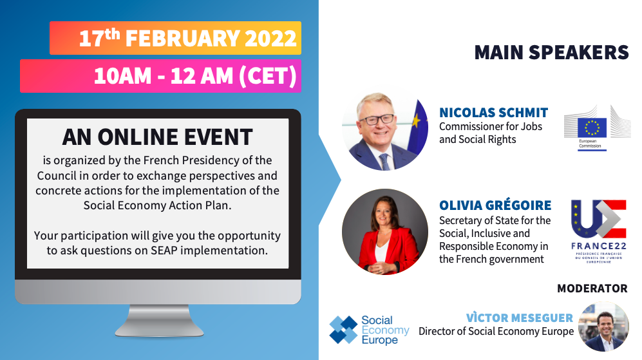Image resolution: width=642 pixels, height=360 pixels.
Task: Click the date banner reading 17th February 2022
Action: click(x=175, y=38)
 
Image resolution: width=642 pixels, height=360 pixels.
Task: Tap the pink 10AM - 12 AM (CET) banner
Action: click(x=160, y=76)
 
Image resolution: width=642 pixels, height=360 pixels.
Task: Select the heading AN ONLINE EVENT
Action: click(x=158, y=137)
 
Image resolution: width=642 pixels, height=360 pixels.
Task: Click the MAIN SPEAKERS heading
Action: click(x=551, y=52)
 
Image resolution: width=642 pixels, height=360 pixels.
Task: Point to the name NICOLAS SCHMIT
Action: click(x=493, y=112)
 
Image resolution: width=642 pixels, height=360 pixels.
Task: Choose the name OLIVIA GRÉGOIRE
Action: click(x=495, y=205)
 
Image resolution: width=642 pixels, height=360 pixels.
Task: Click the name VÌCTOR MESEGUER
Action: click(x=520, y=317)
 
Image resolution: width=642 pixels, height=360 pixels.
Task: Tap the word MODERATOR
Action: click(x=592, y=289)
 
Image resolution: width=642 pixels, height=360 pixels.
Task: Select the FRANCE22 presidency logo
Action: click(x=599, y=231)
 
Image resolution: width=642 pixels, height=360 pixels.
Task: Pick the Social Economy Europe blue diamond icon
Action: click(x=343, y=330)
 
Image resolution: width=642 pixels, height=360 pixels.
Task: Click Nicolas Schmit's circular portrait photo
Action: click(x=385, y=128)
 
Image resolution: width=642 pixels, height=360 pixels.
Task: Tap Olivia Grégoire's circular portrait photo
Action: click(x=385, y=232)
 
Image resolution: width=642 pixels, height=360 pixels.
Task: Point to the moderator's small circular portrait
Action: click(x=603, y=327)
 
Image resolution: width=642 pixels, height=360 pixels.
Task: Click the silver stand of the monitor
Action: click(x=159, y=321)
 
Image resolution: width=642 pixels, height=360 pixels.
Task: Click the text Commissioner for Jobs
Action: click(x=491, y=127)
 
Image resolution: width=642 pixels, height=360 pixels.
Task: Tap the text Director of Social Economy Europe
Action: click(x=496, y=331)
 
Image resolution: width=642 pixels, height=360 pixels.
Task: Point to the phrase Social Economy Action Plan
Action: click(x=158, y=205)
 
